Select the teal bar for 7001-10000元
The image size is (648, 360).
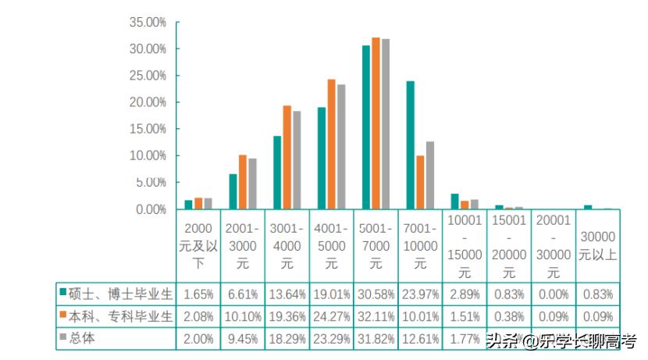(x=410, y=144)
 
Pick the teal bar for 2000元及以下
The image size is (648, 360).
(x=188, y=205)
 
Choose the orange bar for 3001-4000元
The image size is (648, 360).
(x=287, y=157)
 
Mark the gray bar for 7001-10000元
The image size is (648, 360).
(x=429, y=175)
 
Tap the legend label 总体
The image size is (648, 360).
(x=82, y=338)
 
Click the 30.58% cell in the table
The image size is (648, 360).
(x=376, y=294)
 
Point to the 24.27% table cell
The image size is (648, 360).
(x=332, y=316)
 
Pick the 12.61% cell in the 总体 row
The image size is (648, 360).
(x=421, y=339)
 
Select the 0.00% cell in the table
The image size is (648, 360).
(x=554, y=294)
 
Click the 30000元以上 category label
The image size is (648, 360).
(x=598, y=244)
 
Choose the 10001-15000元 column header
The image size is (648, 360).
(x=465, y=247)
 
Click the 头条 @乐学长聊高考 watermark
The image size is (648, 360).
(x=561, y=341)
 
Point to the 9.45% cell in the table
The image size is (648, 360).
(x=243, y=339)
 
